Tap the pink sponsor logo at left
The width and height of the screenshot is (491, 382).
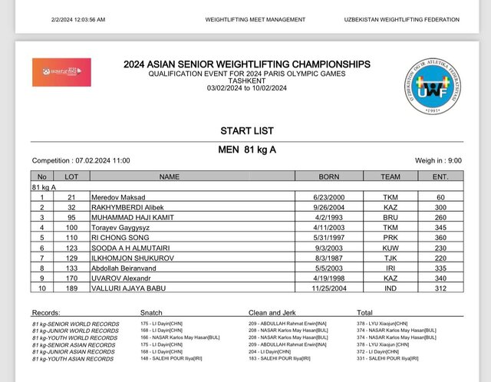[x=61, y=72]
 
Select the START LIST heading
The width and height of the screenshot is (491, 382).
[x=246, y=131]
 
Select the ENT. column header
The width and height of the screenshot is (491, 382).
[x=440, y=176]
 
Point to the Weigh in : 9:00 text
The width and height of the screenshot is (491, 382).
[x=438, y=160]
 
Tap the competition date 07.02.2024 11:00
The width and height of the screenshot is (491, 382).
[x=81, y=160]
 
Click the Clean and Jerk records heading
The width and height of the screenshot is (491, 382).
[x=272, y=313]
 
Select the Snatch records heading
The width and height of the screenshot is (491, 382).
[x=152, y=313]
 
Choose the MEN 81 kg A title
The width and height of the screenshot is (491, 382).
[x=246, y=149]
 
